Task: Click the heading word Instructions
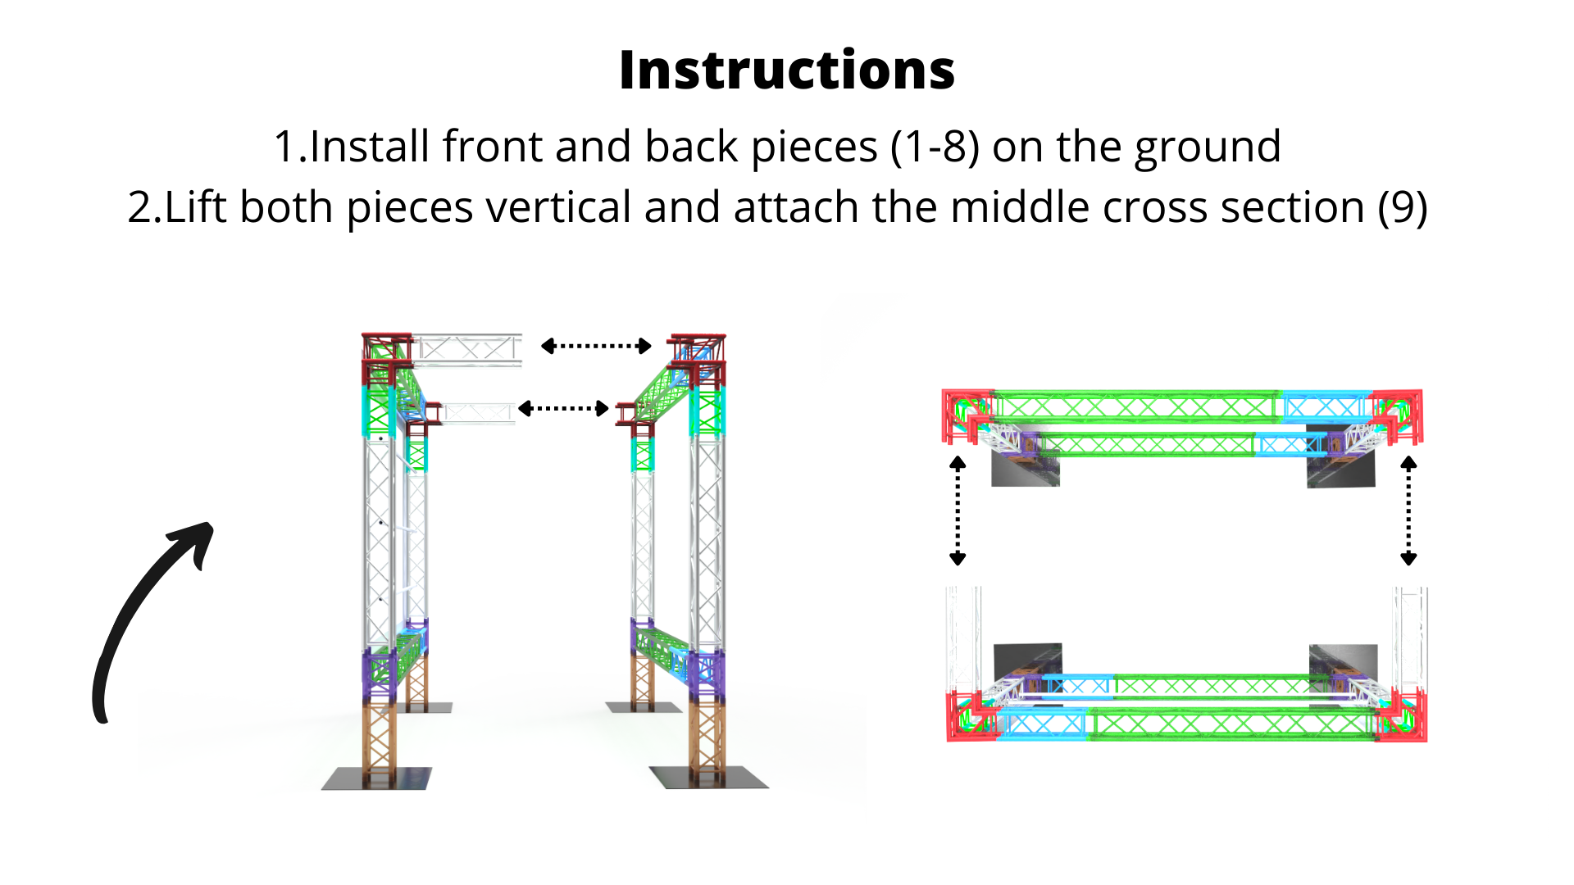787,70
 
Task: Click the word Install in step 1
369,147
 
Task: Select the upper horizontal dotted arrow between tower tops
596,346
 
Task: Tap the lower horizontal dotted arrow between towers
563,408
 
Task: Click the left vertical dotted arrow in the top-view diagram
958,511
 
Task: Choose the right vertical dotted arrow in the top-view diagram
1408,511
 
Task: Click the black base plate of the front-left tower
377,778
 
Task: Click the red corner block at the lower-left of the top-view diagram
973,716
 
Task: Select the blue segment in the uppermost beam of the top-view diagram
1325,406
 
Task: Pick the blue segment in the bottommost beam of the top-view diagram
1043,724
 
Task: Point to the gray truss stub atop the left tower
467,350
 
